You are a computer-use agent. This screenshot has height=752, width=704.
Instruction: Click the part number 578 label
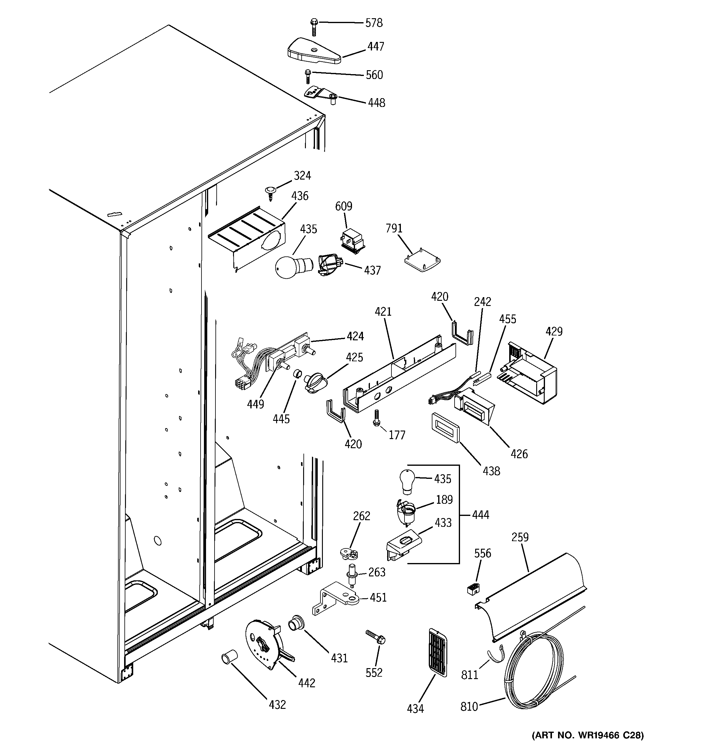(374, 23)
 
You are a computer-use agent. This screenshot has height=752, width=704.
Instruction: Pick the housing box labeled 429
(531, 372)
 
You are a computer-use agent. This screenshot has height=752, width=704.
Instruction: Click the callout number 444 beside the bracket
(480, 515)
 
